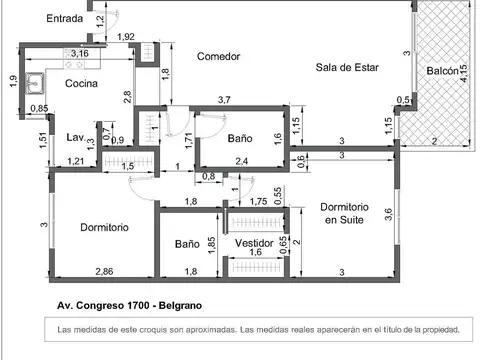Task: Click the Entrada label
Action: tap(37, 18)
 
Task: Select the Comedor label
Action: tap(218, 57)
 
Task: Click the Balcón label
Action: tap(442, 71)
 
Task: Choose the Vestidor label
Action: tap(255, 243)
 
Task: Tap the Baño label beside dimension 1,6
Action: tap(240, 139)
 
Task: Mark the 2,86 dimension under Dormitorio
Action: tap(103, 272)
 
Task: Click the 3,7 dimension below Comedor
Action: tap(224, 99)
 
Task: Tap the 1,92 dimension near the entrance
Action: tap(126, 38)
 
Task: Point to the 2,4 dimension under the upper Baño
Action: tap(241, 160)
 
